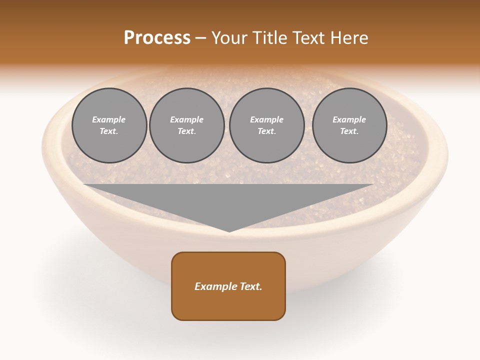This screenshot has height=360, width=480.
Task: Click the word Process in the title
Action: click(157, 38)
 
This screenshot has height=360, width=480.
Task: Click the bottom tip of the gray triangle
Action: click(229, 231)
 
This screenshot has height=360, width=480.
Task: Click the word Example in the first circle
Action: click(109, 119)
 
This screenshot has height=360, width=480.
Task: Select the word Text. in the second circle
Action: click(186, 131)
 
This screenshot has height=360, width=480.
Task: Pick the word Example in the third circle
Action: click(266, 119)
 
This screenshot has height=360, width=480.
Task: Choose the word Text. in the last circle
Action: click(349, 131)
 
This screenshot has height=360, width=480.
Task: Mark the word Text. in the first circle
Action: click(109, 131)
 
